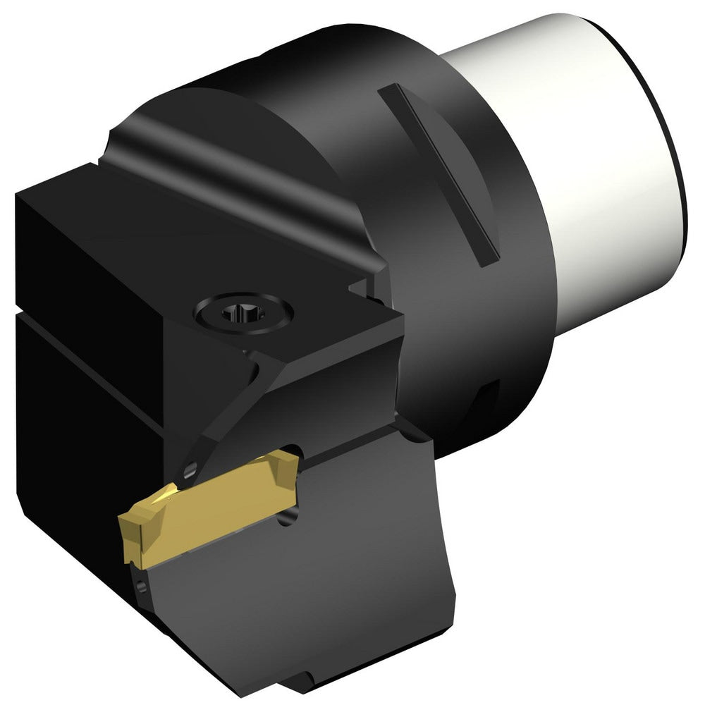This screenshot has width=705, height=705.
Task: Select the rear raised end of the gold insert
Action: point(286,465)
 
